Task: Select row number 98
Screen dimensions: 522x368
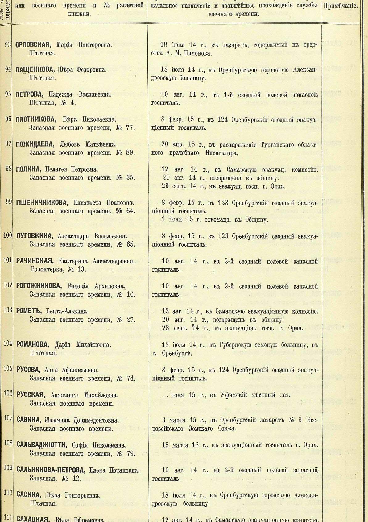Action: [x=8, y=169]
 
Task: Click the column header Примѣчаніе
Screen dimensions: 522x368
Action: [x=341, y=6]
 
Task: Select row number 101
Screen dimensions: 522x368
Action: [x=7, y=260]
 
